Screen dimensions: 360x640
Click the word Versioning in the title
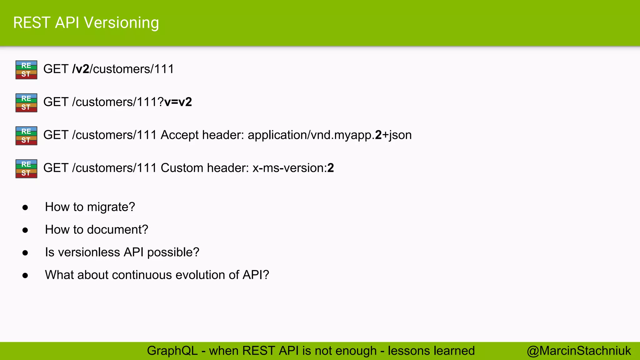[122, 23]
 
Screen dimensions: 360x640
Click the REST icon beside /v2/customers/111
[26, 70]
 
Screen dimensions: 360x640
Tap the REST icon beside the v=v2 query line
[26, 102]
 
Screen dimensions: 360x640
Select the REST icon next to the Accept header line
[26, 136]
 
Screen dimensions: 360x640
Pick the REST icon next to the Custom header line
[26, 168]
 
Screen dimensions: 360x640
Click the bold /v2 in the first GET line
[81, 69]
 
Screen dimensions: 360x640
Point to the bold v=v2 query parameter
[178, 102]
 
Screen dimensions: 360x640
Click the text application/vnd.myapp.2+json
[329, 135]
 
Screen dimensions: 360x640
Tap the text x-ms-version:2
[293, 168]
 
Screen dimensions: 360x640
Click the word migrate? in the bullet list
[111, 207]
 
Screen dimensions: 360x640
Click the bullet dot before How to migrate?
[25, 207]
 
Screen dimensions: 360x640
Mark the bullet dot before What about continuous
[25, 275]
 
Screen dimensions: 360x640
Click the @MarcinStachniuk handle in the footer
[579, 351]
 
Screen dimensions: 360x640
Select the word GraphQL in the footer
[172, 351]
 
